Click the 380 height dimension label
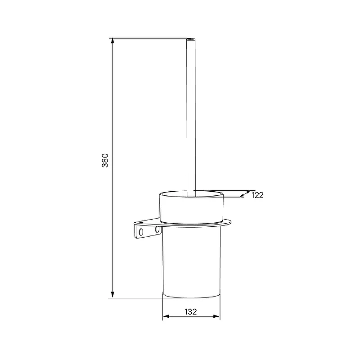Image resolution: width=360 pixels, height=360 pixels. click(x=105, y=161)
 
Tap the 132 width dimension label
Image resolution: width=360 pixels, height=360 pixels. click(x=191, y=312)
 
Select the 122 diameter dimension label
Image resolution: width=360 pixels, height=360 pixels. click(x=257, y=195)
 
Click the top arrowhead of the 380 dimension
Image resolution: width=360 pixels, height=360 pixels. click(x=112, y=41)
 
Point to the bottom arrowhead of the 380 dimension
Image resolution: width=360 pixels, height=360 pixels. click(x=112, y=295)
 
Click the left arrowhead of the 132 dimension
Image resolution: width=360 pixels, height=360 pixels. click(x=166, y=316)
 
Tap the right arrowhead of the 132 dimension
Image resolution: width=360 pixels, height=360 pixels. click(x=216, y=316)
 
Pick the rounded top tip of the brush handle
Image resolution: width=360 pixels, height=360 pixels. click(x=191, y=39)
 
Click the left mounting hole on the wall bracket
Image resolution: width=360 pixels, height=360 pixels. click(x=141, y=232)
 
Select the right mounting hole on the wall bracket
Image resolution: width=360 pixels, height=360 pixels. click(x=157, y=229)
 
